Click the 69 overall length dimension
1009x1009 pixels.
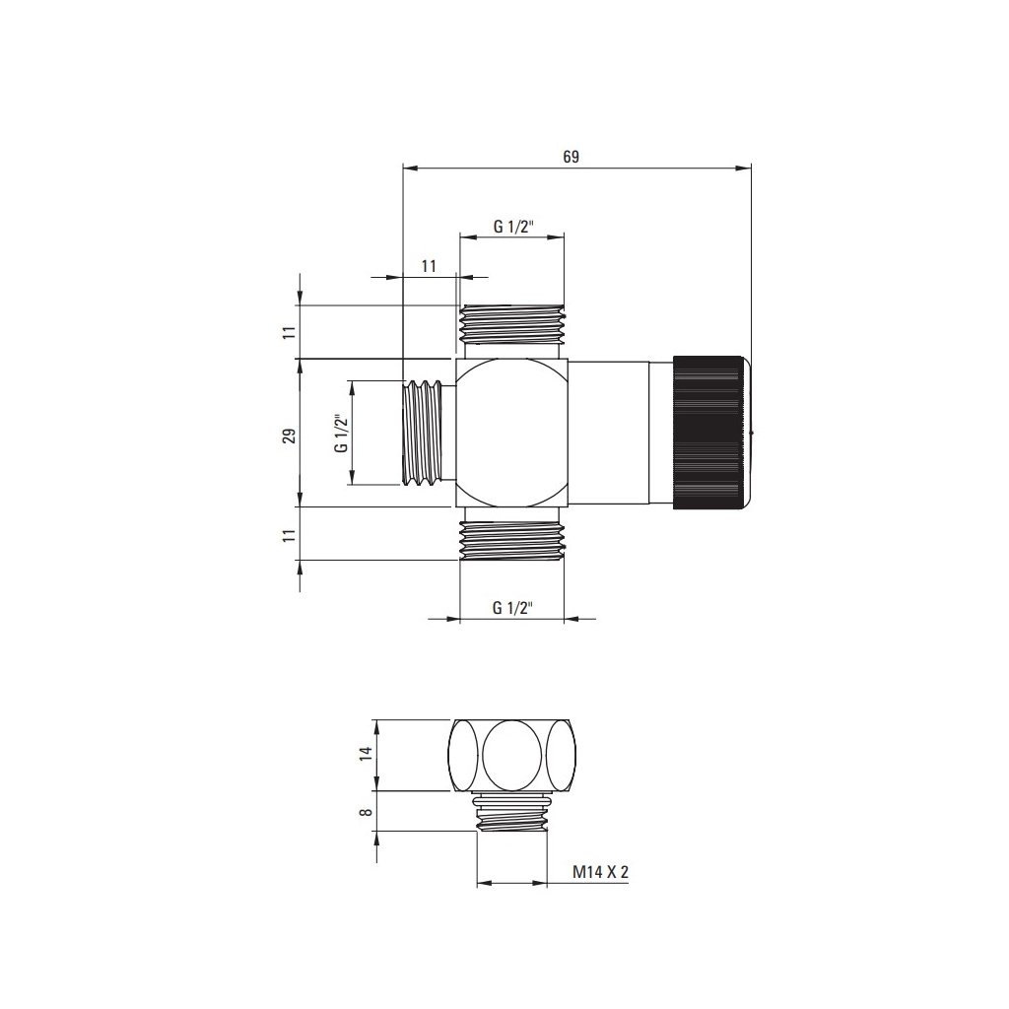point(571,157)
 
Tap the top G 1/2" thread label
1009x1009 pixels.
point(512,227)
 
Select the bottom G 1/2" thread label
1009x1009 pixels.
point(512,607)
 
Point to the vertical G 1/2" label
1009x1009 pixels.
point(341,432)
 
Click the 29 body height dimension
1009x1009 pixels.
point(290,436)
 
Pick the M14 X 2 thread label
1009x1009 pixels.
point(600,872)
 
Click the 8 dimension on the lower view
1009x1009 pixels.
point(365,812)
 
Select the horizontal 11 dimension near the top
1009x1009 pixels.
point(430,266)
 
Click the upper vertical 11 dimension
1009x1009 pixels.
point(290,332)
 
